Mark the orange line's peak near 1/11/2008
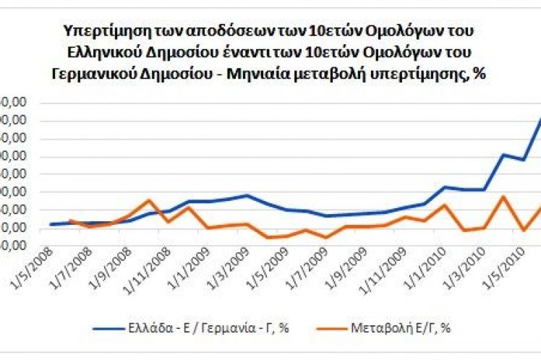click(x=148, y=200)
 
